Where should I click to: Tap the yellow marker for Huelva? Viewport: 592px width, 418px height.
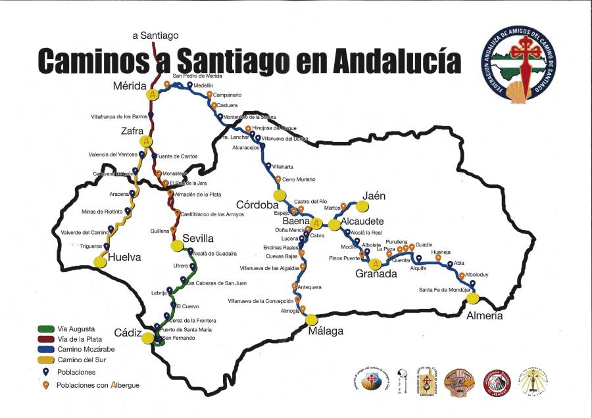pyautogui.click(x=100, y=262)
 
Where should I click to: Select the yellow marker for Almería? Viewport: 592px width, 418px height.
pyautogui.click(x=472, y=298)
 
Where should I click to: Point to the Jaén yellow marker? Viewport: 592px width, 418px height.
pyautogui.click(x=362, y=206)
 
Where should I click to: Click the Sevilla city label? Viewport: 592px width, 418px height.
pyautogui.click(x=198, y=238)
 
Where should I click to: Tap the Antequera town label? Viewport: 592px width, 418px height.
pyautogui.click(x=309, y=287)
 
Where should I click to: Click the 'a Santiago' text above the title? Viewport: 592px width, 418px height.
pyautogui.click(x=155, y=35)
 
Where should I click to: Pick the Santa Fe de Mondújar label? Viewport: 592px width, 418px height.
pyautogui.click(x=445, y=290)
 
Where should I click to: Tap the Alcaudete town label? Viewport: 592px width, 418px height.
pyautogui.click(x=362, y=221)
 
